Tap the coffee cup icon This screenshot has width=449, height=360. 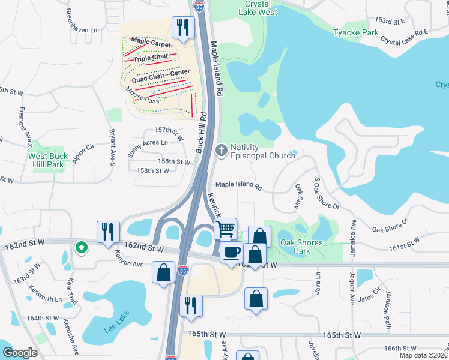tap(231, 251)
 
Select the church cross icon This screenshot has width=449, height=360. tap(221, 149)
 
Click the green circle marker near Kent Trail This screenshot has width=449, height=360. tap(80, 247)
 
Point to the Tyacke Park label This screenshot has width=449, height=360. tap(357, 32)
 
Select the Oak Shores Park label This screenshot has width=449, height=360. tap(302, 247)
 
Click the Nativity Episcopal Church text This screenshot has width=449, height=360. tap(262, 151)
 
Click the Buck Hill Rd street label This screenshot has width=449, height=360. tap(202, 132)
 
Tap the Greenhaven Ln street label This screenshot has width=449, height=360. tap(82, 20)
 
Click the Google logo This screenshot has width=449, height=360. tap(20, 352)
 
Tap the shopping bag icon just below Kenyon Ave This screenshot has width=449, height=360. tap(164, 274)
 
